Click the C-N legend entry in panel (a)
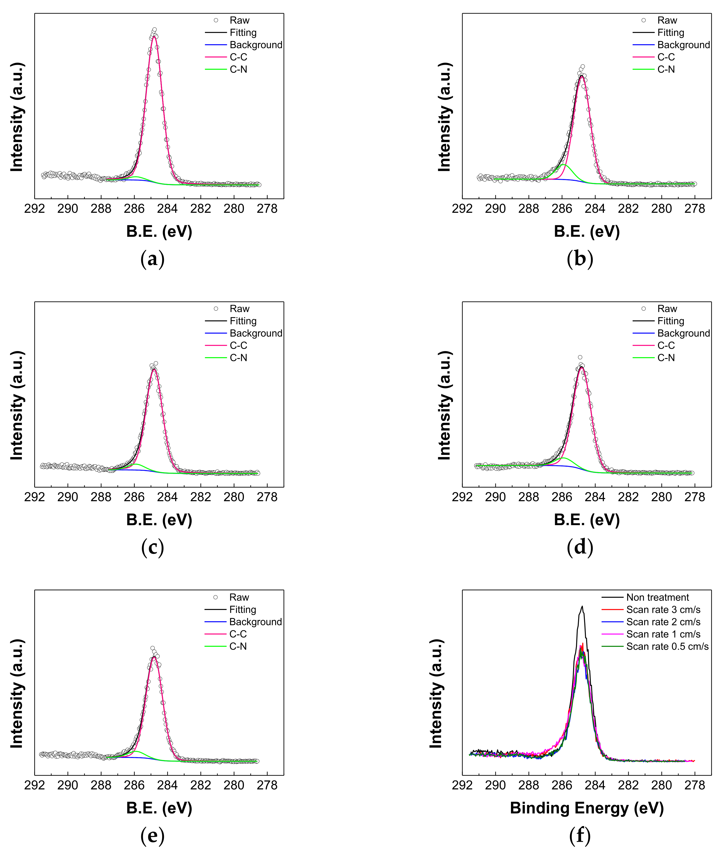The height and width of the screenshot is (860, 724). click(x=238, y=69)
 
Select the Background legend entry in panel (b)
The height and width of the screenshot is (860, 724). click(x=683, y=45)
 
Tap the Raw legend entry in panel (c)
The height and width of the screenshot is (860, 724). click(x=239, y=309)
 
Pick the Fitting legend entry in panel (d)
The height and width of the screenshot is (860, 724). click(x=670, y=321)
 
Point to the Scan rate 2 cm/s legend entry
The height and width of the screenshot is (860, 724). click(x=663, y=622)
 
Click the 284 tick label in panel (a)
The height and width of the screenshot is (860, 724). click(x=167, y=209)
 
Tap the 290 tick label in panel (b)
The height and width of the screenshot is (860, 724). click(x=495, y=209)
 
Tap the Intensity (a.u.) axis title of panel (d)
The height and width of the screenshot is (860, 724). click(x=444, y=405)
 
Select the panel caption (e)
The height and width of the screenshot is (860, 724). click(x=152, y=836)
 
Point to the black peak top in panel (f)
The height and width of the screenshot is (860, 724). click(x=582, y=606)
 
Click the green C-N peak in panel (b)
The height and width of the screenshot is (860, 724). click(x=564, y=165)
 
